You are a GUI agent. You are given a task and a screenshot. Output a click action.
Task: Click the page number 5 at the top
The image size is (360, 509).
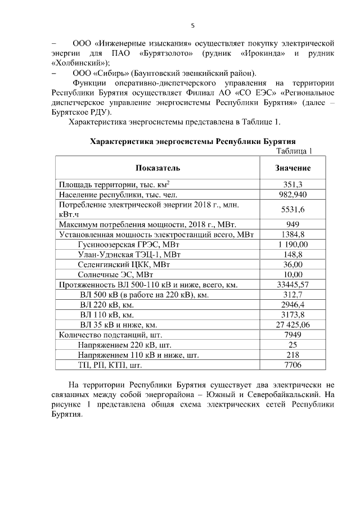pyautogui.click(x=193, y=25)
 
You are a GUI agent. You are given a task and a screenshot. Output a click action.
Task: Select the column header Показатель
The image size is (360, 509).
pyautogui.click(x=157, y=168)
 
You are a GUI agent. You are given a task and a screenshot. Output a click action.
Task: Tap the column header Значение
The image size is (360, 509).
pyautogui.click(x=292, y=168)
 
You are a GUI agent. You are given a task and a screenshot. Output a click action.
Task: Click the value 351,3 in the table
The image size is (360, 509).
pyautogui.click(x=292, y=184)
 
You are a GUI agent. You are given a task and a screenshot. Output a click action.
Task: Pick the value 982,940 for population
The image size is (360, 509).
pyautogui.click(x=292, y=194)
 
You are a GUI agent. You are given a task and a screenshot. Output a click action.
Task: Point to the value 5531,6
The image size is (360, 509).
pyautogui.click(x=292, y=209)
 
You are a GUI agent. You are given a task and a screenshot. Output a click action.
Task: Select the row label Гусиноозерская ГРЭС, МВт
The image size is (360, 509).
pyautogui.click(x=119, y=245)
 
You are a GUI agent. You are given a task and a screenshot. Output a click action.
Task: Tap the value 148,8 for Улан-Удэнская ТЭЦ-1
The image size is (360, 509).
pyautogui.click(x=292, y=254)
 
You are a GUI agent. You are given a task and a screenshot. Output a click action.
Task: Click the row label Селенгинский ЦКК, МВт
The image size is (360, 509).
pyautogui.click(x=115, y=264)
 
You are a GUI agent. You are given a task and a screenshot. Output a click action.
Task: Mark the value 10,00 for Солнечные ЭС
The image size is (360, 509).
pyautogui.click(x=292, y=274)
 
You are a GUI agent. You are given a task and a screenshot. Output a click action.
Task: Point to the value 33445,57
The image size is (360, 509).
pyautogui.click(x=292, y=285)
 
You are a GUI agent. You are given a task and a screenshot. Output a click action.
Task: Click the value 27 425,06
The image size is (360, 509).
pyautogui.click(x=292, y=325)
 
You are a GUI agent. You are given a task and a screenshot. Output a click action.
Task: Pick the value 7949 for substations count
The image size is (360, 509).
pyautogui.click(x=292, y=335)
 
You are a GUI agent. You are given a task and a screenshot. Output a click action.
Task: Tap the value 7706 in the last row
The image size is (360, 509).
pyautogui.click(x=292, y=365)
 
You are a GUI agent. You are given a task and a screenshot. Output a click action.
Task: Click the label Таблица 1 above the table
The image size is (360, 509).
pyautogui.click(x=294, y=150)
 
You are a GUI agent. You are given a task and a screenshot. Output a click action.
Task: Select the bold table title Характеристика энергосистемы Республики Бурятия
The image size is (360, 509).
pyautogui.click(x=193, y=141)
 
